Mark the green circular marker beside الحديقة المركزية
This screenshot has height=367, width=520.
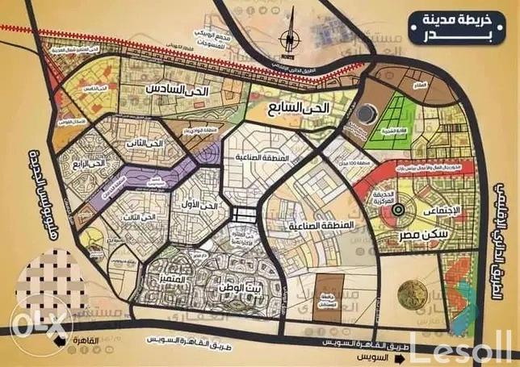click(396, 211)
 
